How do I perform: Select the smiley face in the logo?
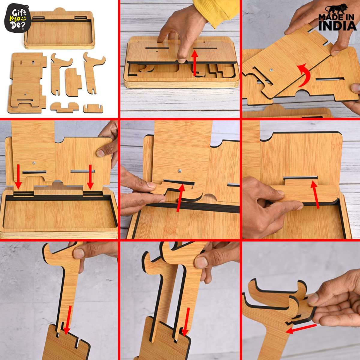point(24,18)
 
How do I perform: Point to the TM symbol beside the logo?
point(27,7)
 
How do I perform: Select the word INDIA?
point(337,25)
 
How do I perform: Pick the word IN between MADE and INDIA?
point(349,18)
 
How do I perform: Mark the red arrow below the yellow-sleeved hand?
point(195,63)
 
